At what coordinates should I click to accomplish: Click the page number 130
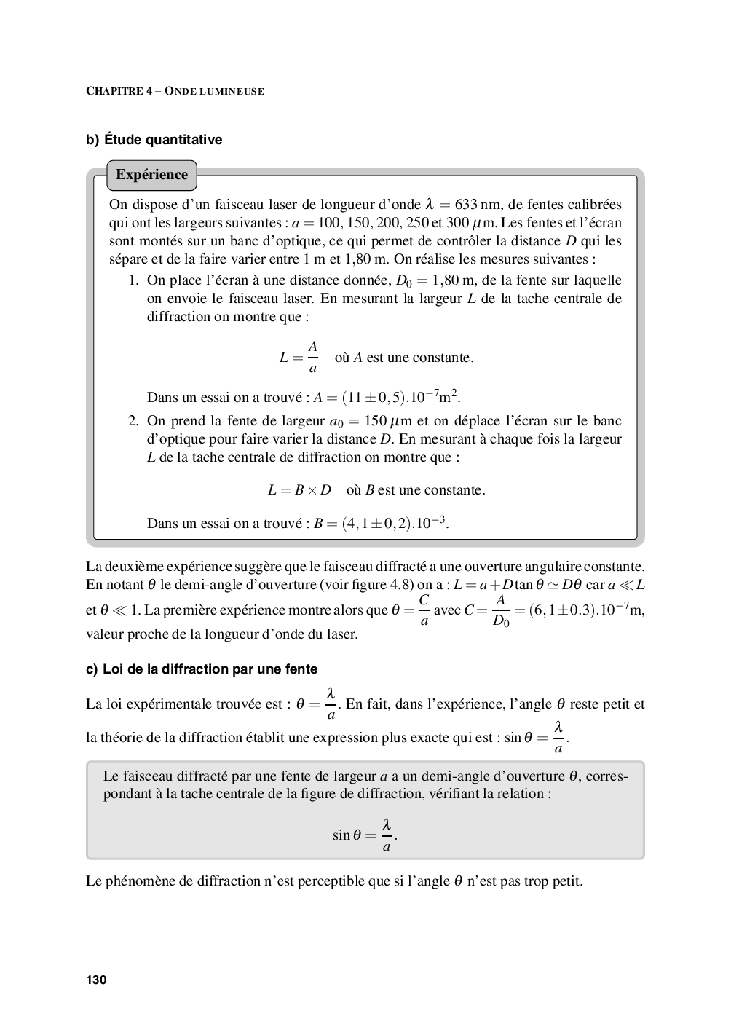tap(96, 980)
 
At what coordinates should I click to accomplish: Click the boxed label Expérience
tap(151, 175)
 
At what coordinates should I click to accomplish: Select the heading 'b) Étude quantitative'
tap(154, 139)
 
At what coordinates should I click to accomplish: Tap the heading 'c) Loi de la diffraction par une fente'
tap(202, 669)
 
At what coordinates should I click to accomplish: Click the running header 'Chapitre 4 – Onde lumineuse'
tap(175, 91)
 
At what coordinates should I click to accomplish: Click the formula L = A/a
tap(299, 358)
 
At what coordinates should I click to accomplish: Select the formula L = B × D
tap(299, 490)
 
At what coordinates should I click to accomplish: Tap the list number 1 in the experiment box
tap(133, 280)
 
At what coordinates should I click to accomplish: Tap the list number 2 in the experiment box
tap(133, 421)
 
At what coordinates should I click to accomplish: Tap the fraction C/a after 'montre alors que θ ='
tap(424, 610)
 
